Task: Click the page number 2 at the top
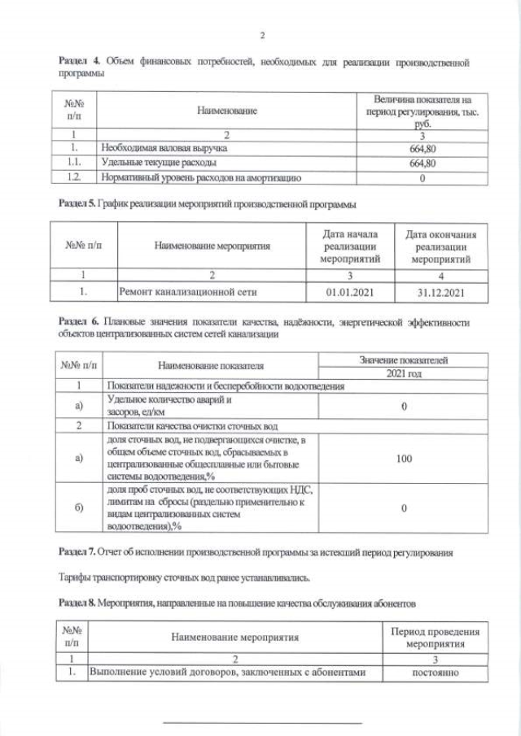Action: (261, 35)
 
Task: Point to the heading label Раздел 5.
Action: (77, 203)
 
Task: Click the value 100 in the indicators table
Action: (404, 459)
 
